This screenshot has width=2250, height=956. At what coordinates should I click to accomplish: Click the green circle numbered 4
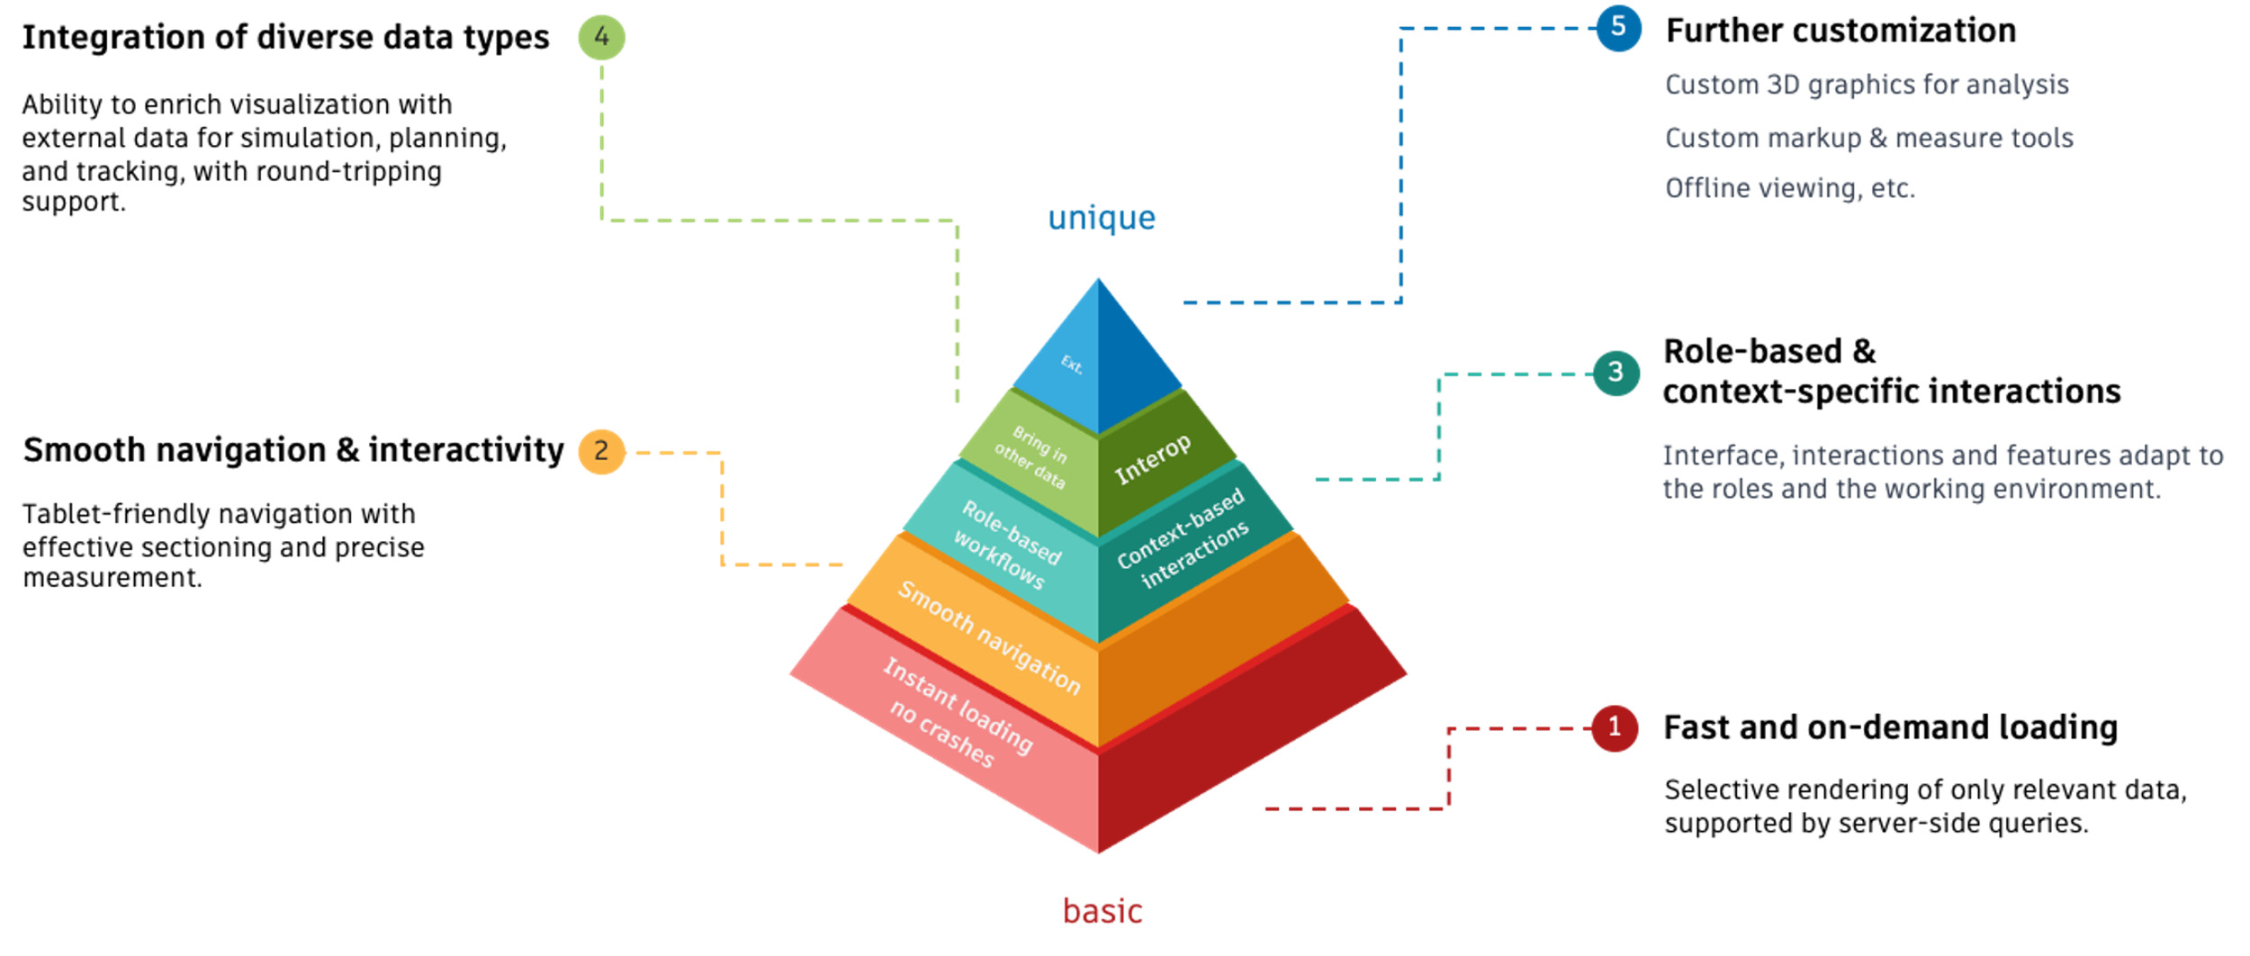click(601, 38)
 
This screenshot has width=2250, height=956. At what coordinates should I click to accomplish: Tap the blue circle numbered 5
click(1618, 28)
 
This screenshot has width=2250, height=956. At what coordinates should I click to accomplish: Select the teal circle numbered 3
click(1615, 373)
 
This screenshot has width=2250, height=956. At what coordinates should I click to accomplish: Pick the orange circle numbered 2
click(601, 452)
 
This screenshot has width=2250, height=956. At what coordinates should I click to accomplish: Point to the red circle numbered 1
click(1614, 727)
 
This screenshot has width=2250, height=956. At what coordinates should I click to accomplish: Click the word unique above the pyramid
click(1101, 218)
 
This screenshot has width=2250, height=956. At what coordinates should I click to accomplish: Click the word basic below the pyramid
click(1102, 911)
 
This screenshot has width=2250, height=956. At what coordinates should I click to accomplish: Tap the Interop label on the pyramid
click(1152, 459)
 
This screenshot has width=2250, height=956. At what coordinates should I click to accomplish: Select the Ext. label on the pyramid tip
click(1071, 365)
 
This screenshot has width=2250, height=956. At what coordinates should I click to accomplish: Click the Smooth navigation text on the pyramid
click(989, 637)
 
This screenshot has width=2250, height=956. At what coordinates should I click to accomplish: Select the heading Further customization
click(1840, 32)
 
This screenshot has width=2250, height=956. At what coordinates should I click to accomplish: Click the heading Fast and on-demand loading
click(1889, 727)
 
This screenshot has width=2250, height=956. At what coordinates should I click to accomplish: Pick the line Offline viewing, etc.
click(1789, 188)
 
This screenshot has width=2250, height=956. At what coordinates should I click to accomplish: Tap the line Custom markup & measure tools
click(1868, 138)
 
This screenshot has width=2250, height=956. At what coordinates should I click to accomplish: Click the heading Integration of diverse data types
click(285, 38)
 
